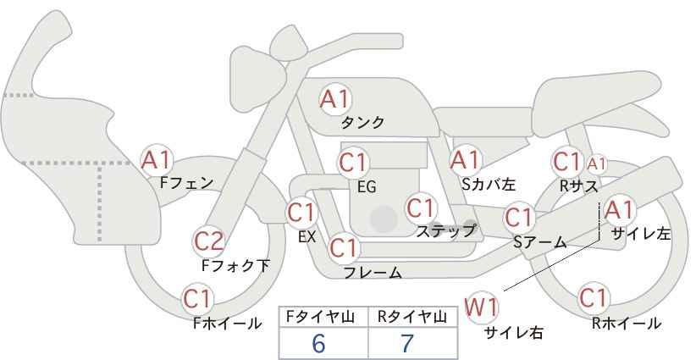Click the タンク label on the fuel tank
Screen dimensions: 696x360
click(362, 123)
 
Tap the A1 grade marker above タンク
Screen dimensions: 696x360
click(335, 99)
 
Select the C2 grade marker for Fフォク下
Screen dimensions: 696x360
click(209, 242)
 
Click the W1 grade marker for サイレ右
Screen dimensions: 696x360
click(481, 307)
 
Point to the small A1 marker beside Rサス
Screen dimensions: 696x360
click(596, 164)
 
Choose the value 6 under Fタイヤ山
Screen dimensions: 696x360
click(318, 343)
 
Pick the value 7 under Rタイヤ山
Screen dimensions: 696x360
click(407, 343)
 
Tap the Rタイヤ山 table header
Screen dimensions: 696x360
click(412, 317)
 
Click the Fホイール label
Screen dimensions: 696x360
click(227, 324)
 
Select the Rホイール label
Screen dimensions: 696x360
click(627, 324)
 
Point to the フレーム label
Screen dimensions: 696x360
click(373, 272)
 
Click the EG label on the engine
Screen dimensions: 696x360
click(367, 187)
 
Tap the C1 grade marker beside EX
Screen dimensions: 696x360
click(301, 213)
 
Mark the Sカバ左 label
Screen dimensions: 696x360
click(489, 184)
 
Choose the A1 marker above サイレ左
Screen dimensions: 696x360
click(619, 210)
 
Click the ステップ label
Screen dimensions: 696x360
click(445, 231)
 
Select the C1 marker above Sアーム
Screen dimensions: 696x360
click(519, 218)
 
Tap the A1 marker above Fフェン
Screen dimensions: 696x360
click(156, 160)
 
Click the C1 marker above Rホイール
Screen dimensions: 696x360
click(594, 298)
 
